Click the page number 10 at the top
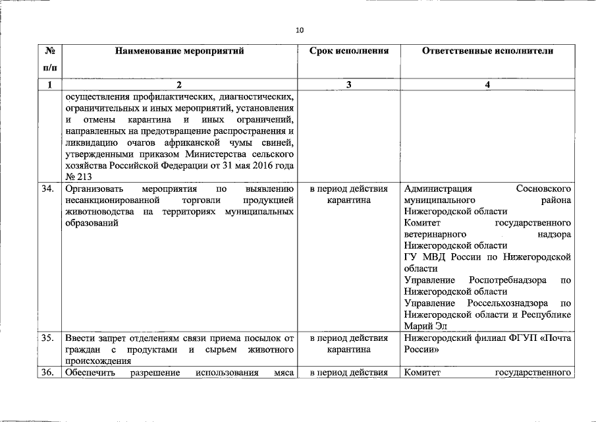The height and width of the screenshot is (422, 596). click(x=300, y=30)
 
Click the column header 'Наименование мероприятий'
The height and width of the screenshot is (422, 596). click(x=179, y=51)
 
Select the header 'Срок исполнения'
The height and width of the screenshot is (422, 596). click(x=348, y=51)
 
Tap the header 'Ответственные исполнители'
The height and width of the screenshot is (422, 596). click(x=487, y=51)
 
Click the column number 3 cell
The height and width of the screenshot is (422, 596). click(x=348, y=84)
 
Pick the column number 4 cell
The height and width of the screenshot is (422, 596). click(x=487, y=84)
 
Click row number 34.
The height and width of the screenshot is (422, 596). click(x=47, y=189)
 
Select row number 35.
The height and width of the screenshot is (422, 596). click(x=47, y=338)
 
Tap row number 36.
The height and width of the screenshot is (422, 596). click(x=47, y=373)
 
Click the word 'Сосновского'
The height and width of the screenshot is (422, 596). click(x=544, y=189)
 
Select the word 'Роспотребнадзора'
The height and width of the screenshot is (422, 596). click(x=508, y=280)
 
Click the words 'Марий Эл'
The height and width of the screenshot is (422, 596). click(x=423, y=326)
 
